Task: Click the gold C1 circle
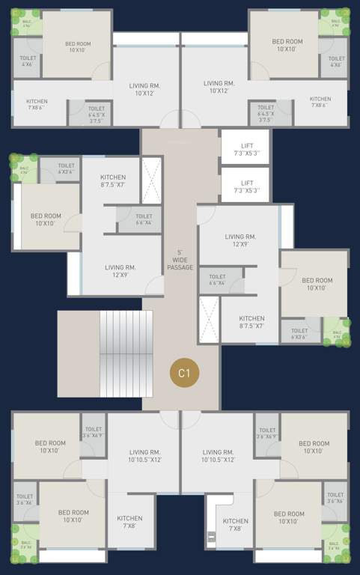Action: pyautogui.click(x=180, y=372)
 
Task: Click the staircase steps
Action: pyautogui.click(x=126, y=354)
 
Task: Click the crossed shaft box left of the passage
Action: pyautogui.click(x=151, y=180)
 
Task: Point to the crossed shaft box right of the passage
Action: pyautogui.click(x=208, y=319)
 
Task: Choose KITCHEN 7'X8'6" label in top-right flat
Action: pyautogui.click(x=320, y=103)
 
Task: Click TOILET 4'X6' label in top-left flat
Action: pyautogui.click(x=28, y=61)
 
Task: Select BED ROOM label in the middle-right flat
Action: pyautogui.click(x=317, y=284)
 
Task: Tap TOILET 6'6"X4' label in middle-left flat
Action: pyautogui.click(x=144, y=219)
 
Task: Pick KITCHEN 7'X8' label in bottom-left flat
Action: pyautogui.click(x=129, y=522)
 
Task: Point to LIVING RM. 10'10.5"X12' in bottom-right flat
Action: pyautogui.click(x=219, y=455)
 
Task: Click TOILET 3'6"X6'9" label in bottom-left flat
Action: pyautogui.click(x=93, y=433)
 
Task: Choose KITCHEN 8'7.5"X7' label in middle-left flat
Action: pyautogui.click(x=112, y=181)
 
